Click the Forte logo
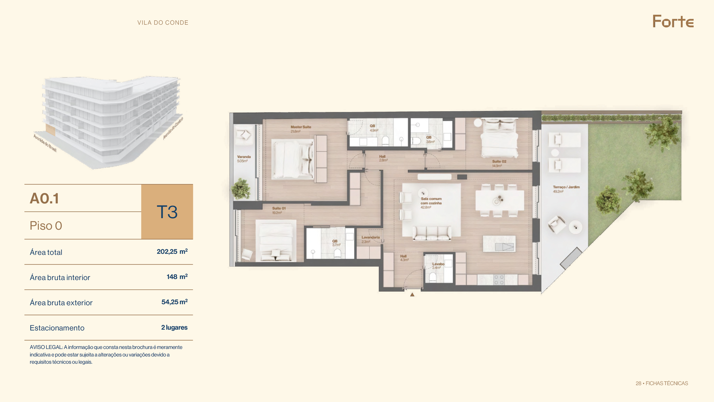673,21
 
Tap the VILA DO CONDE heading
163,23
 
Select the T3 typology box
167,212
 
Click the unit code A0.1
44,198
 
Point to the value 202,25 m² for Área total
172,251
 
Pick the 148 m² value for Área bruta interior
177,277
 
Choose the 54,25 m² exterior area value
175,302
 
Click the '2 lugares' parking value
174,327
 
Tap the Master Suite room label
301,127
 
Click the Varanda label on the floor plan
244,157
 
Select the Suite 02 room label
499,161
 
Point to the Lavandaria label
371,237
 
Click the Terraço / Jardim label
566,187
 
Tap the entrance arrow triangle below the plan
412,295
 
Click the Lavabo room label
438,264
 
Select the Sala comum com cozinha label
431,201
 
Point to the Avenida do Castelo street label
173,128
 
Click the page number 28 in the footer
638,384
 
